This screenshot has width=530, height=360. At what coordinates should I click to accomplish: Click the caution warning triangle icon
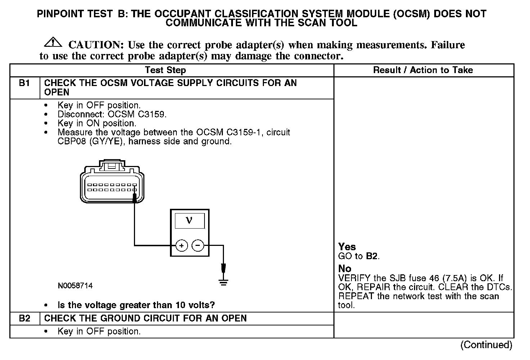(53, 42)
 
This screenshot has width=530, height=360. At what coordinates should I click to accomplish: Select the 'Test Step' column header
(165, 70)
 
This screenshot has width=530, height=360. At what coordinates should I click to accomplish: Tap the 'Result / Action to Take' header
(423, 70)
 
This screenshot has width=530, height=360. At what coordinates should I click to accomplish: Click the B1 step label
(24, 83)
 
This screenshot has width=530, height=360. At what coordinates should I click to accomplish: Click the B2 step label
(24, 319)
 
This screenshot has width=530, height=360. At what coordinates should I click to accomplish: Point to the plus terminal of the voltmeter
(182, 246)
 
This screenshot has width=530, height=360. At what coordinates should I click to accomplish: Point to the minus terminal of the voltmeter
(198, 246)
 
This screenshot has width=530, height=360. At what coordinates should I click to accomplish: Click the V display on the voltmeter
(189, 220)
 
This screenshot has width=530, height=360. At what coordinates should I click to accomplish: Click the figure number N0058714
(75, 286)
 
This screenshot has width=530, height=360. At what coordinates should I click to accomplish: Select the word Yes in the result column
(347, 247)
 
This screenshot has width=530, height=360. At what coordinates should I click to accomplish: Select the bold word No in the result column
(345, 269)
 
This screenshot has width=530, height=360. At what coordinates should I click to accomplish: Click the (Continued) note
(486, 345)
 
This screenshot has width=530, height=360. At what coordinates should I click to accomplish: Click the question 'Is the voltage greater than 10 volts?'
(136, 305)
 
